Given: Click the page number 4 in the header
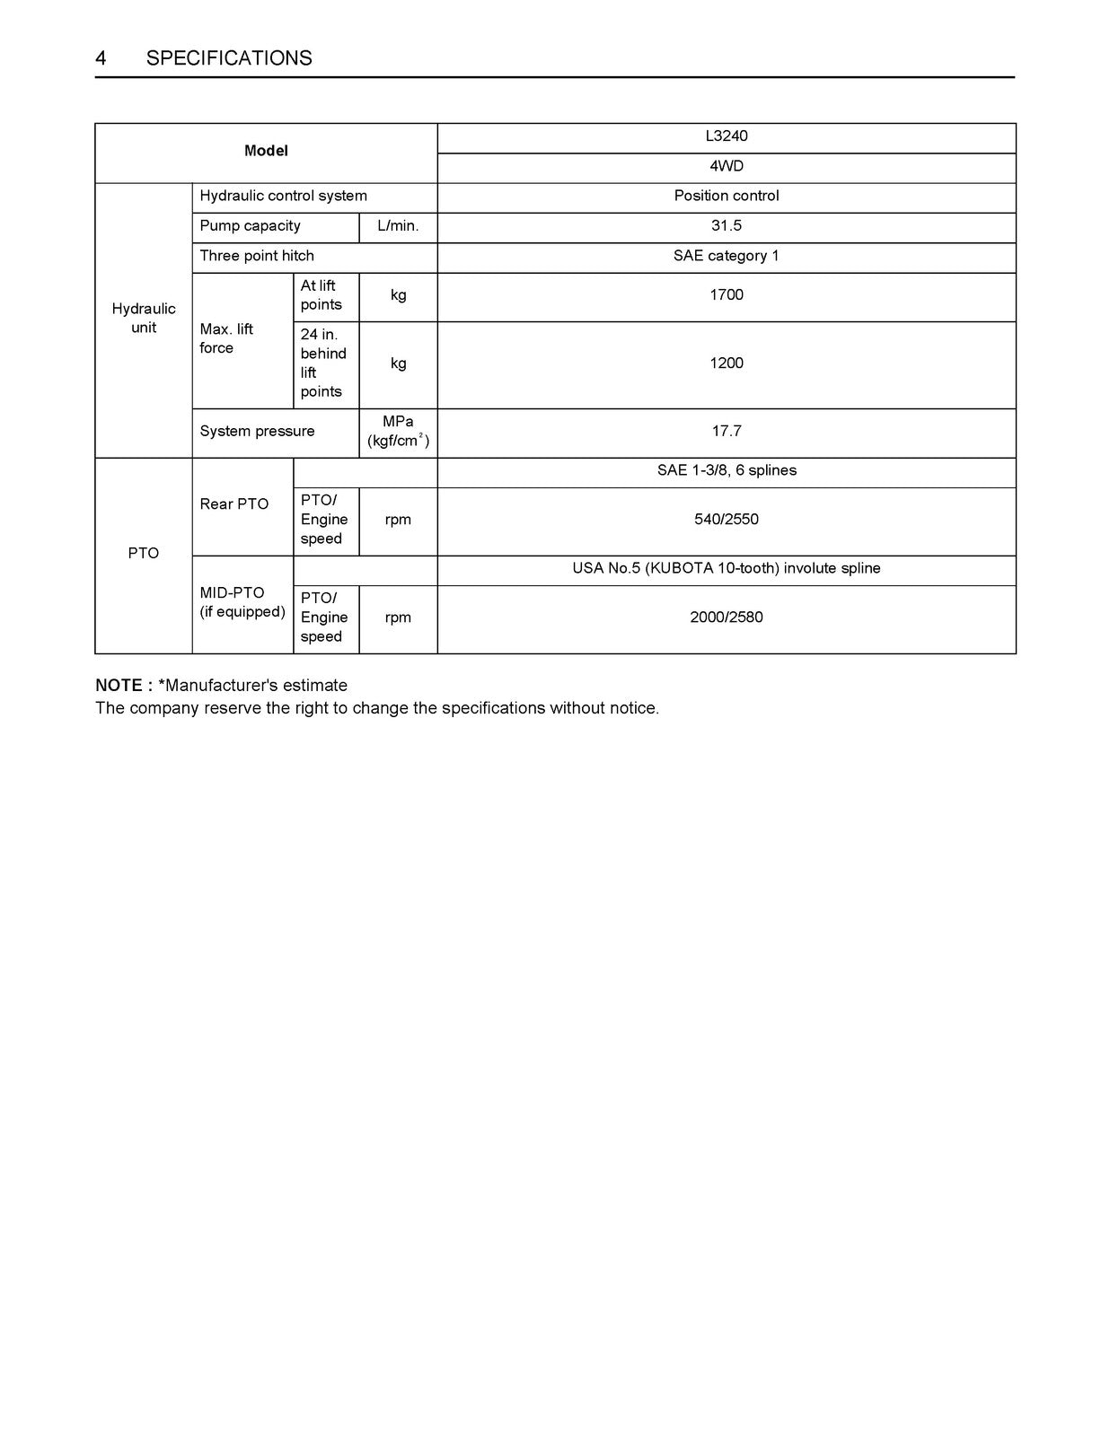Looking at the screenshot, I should click(x=101, y=58).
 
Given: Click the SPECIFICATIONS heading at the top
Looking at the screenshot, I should click(x=229, y=58).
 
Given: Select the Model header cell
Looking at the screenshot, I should click(x=266, y=152).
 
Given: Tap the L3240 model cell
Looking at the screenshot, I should click(x=726, y=136).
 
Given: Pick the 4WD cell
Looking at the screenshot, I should click(x=726, y=167).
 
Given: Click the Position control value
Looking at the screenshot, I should click(x=726, y=196).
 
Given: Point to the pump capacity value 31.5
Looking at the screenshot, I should click(x=726, y=226).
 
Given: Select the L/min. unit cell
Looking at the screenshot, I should click(x=398, y=226).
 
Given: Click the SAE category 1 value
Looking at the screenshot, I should click(x=726, y=256).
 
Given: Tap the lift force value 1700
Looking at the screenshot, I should click(x=726, y=295).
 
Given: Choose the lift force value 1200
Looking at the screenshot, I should click(x=726, y=363).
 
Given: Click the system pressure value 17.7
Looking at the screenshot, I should click(x=726, y=432).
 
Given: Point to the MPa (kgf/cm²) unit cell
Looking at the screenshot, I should click(x=398, y=432).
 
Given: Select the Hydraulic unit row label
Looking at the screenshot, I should click(x=144, y=319).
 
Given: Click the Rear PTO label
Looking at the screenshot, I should click(x=233, y=504).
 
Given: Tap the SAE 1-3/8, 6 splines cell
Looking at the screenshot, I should click(x=726, y=470).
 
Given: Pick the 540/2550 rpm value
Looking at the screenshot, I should click(x=726, y=520).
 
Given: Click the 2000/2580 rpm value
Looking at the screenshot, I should click(x=726, y=617).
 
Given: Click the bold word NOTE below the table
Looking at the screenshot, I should click(x=119, y=686).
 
